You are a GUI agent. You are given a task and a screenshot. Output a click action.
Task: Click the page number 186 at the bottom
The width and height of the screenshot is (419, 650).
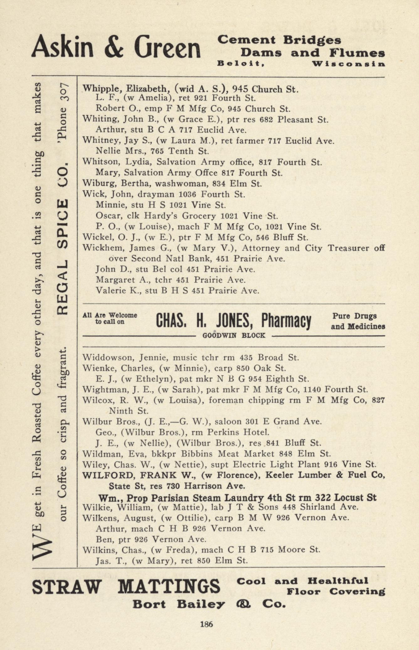tap(206, 624)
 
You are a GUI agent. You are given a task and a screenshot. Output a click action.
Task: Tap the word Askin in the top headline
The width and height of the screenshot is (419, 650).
tap(62, 47)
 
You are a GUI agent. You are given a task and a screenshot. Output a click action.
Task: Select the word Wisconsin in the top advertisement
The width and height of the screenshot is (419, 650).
tap(348, 64)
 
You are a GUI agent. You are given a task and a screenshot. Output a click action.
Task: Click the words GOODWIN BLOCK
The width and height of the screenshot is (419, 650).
tap(234, 335)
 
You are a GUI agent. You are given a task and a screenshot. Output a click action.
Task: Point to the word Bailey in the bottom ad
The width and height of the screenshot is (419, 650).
tap(200, 605)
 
